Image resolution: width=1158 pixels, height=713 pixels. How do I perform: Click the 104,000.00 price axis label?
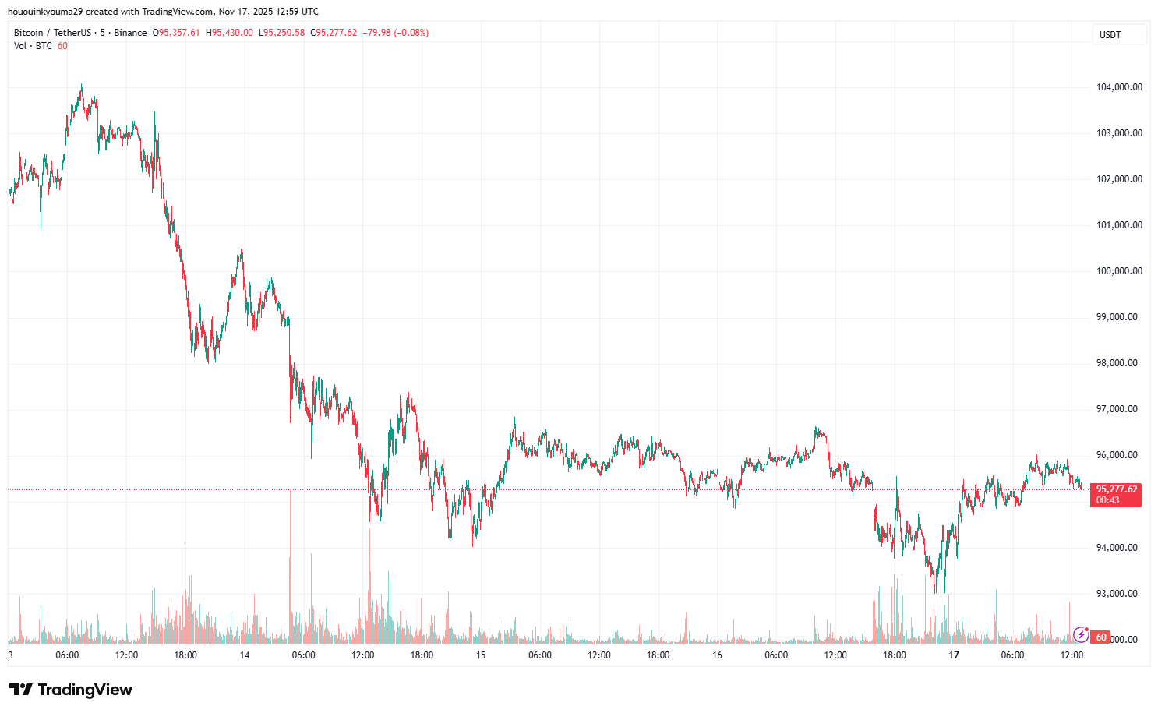pos(1119,87)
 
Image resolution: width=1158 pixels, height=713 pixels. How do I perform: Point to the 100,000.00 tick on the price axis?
pos(1119,271)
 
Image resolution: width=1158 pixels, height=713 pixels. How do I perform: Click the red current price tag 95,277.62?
pos(1116,489)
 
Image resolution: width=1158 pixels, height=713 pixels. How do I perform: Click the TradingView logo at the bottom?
pos(71,690)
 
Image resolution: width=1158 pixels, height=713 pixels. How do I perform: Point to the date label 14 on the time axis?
pos(245,655)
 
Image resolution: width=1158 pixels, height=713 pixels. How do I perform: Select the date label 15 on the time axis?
pos(481,655)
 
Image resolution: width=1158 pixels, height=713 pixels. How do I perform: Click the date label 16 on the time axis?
pos(717,655)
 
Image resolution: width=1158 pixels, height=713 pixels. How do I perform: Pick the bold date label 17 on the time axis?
pos(954,655)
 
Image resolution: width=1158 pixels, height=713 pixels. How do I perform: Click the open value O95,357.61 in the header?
pos(176,33)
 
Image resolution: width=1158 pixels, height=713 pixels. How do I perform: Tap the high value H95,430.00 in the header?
pos(229,33)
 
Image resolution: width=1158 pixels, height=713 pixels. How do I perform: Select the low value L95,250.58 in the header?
pos(282,33)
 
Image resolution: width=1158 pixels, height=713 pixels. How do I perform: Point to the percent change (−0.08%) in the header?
pos(411,33)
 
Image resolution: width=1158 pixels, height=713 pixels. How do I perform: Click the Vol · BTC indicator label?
pos(33,46)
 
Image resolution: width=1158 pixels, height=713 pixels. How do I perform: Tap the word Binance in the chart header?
pos(130,33)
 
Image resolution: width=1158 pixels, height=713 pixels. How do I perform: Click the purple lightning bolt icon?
pos(1081,634)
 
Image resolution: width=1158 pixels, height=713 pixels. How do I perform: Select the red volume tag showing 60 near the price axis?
pos(1101,637)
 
